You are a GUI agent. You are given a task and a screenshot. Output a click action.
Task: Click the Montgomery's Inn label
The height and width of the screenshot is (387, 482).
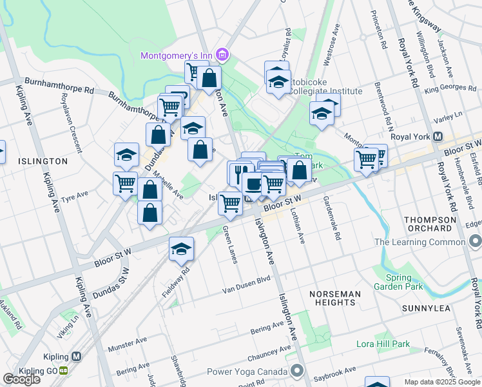(177, 55)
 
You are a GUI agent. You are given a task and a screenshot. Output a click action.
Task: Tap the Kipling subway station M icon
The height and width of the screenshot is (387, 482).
(77, 356)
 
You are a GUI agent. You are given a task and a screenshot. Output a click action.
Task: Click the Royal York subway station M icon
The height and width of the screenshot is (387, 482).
(438, 137)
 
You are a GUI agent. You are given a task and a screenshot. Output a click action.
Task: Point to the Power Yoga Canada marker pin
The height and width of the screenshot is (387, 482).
(296, 371)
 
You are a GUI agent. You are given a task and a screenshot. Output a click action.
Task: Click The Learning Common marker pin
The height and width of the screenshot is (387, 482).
(476, 243)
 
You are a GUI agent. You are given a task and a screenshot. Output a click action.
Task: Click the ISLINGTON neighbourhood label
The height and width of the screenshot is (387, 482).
(43, 161)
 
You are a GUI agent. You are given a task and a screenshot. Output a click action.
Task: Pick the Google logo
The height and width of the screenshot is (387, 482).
(21, 379)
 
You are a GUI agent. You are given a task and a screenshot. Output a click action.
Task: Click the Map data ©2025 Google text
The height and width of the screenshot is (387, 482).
(441, 382)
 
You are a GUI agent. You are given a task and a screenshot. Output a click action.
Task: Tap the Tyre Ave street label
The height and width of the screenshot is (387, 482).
(74, 196)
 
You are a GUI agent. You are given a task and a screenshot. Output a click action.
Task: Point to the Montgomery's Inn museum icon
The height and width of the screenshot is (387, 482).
(222, 55)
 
